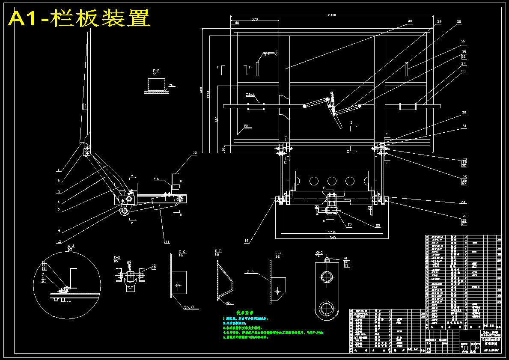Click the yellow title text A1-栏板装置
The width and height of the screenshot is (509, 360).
click(80, 19)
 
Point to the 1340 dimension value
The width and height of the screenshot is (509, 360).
click(332, 237)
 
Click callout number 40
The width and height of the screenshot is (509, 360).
click(410, 21)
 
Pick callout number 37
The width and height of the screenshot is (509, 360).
click(463, 42)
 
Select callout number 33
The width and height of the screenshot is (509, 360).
click(463, 71)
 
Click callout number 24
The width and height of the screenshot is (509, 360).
click(463, 202)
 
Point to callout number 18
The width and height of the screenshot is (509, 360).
click(246, 241)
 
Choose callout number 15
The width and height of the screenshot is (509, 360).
click(194, 152)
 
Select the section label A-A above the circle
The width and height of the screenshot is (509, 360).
click(71, 246)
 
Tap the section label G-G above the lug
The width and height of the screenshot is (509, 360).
click(319, 252)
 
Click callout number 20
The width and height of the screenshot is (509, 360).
click(378, 225)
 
